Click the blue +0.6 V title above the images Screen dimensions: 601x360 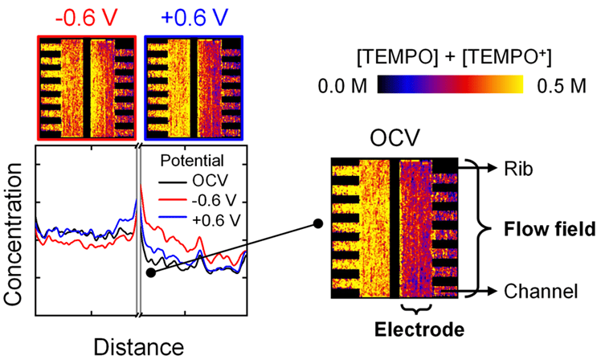(x=194, y=17)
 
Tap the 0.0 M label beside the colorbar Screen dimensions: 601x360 (x=342, y=86)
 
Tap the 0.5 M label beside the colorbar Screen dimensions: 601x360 (x=562, y=86)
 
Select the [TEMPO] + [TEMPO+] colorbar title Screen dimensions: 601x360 (x=454, y=58)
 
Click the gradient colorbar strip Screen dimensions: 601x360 (x=451, y=84)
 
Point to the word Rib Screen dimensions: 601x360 (x=518, y=168)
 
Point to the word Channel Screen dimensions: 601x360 (x=541, y=292)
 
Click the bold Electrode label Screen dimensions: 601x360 (x=419, y=329)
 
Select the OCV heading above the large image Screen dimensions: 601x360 (x=395, y=138)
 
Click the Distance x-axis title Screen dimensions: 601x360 (x=139, y=347)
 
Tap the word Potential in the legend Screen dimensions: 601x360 (x=192, y=161)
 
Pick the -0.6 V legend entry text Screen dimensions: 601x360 (x=215, y=200)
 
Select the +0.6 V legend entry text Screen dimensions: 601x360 (x=216, y=220)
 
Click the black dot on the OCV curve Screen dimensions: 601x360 (x=151, y=272)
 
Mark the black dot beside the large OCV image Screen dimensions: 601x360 (x=317, y=223)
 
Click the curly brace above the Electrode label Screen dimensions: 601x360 (x=416, y=309)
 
